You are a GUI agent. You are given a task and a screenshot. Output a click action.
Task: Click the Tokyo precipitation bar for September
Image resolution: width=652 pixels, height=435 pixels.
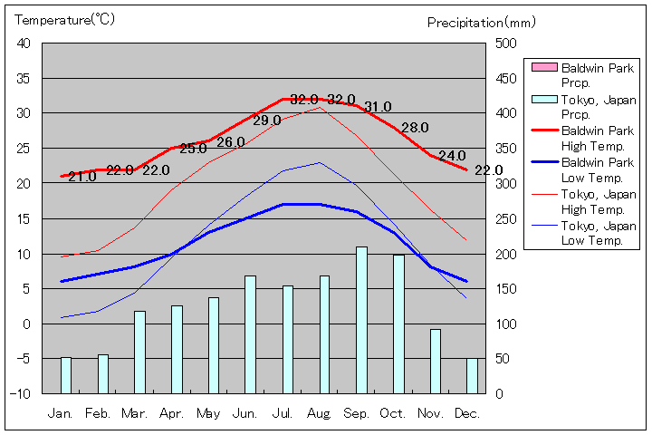point(361,320)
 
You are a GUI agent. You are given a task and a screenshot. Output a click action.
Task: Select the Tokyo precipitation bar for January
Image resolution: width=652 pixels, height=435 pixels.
point(65,375)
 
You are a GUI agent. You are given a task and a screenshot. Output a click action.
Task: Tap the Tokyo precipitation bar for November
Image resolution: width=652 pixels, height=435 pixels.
point(436,361)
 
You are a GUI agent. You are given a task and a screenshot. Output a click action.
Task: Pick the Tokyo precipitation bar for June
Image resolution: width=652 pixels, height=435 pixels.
point(250,334)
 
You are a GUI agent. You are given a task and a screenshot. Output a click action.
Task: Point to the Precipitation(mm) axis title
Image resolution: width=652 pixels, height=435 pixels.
point(482,23)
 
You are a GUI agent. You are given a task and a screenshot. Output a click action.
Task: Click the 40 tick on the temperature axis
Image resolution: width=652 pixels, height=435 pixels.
point(24,43)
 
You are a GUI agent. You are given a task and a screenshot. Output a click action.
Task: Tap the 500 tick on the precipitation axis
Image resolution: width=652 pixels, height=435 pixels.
point(504,43)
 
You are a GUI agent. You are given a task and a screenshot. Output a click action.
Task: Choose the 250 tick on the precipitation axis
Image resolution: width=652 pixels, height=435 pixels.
point(504,218)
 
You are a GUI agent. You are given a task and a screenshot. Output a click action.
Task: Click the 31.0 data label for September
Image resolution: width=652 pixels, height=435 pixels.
point(378,107)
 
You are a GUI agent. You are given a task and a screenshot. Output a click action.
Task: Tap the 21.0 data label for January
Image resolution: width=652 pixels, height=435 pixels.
point(81,177)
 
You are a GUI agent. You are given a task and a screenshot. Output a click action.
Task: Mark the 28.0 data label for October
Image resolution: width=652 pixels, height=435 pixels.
point(415,128)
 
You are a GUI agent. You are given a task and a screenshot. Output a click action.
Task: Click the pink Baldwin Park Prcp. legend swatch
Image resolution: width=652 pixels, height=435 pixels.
point(544,67)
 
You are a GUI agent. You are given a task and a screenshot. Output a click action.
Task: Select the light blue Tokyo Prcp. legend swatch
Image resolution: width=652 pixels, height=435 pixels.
point(544,99)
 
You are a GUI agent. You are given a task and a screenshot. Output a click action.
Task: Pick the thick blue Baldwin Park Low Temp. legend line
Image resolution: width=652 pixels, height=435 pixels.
point(544,162)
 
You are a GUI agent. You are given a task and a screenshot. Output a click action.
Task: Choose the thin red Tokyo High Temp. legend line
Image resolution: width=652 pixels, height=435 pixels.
point(544,194)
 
